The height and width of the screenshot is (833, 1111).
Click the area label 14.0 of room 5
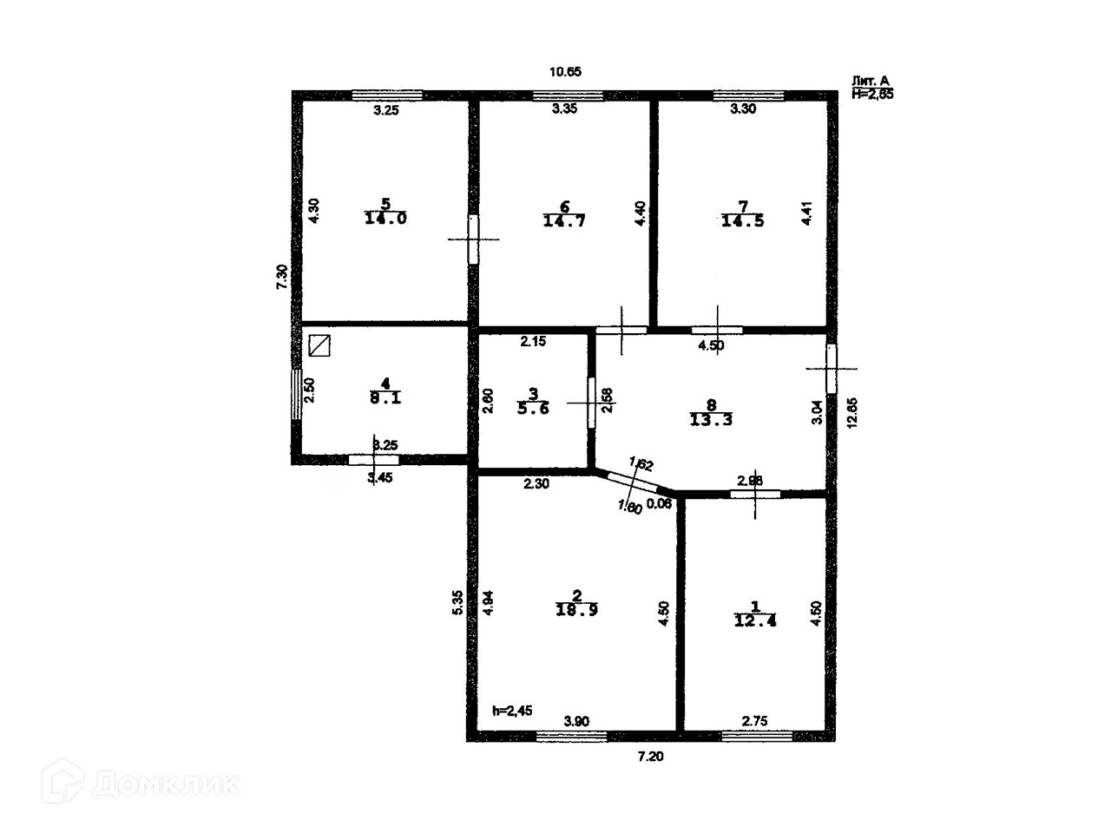click(385, 219)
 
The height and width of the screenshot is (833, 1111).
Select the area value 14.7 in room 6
click(564, 220)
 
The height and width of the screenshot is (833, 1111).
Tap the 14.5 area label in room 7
click(743, 220)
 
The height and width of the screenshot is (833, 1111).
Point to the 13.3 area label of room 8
click(711, 420)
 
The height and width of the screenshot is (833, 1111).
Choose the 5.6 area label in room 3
click(533, 409)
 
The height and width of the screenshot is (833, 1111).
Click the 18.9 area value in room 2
click(576, 609)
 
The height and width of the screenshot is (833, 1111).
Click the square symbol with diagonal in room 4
click(320, 346)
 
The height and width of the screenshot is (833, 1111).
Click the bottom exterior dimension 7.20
click(650, 757)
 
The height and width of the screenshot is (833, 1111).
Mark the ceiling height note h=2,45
click(512, 711)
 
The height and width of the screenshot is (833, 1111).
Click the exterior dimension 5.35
click(457, 603)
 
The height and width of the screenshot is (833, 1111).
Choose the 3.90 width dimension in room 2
click(577, 720)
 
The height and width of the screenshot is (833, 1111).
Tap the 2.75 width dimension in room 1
click(754, 720)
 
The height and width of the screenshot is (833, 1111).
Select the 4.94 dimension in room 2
click(488, 603)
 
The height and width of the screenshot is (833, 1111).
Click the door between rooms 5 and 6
click(473, 239)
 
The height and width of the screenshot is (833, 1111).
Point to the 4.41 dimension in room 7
click(807, 214)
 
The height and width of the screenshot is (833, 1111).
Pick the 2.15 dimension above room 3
click(532, 342)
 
